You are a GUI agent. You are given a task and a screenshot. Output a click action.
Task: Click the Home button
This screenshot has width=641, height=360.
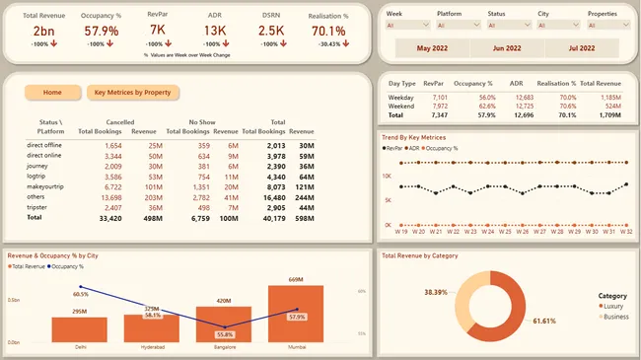(52, 93)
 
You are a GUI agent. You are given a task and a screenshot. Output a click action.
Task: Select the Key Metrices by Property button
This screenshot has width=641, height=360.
(132, 93)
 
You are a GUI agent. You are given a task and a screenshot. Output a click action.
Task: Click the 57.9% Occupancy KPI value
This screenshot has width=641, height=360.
(102, 32)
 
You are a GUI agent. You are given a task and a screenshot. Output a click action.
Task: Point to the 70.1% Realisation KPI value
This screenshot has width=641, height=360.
(336, 32)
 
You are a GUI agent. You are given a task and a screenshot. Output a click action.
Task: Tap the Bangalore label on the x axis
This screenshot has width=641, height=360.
(225, 346)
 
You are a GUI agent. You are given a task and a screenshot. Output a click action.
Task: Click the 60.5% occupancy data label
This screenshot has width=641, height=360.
(81, 294)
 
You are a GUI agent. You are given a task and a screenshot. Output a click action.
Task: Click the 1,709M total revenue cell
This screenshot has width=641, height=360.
(606, 115)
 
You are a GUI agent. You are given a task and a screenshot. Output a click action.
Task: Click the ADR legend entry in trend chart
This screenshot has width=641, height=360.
(423, 147)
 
